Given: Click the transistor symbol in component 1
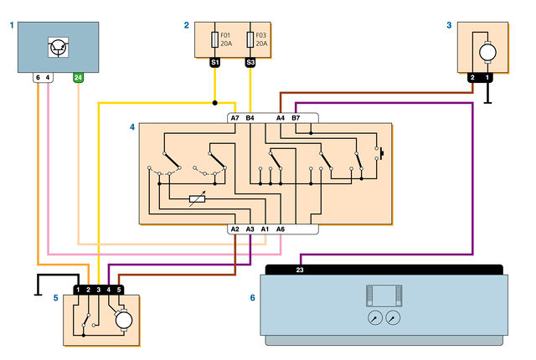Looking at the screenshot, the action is tap(58, 47).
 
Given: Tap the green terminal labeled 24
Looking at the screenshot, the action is tap(78, 78).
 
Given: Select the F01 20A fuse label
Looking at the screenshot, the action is tap(226, 39).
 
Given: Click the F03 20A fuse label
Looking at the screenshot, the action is tap(261, 39).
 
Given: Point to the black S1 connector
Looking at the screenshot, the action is tap(214, 62).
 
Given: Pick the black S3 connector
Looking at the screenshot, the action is tap(250, 62).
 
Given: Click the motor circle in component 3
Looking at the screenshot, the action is tap(487, 53).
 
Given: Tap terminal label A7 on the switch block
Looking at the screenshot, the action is tap(234, 118).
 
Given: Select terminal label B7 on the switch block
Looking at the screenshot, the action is tap(296, 118).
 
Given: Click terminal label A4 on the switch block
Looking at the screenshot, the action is tap(281, 118).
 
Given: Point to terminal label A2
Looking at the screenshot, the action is tap(234, 229).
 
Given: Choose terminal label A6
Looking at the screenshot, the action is tap(281, 229).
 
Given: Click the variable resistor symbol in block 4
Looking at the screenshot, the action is tap(198, 198).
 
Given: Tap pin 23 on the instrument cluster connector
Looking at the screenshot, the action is tap(300, 270).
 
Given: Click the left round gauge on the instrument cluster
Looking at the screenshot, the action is tap(375, 317).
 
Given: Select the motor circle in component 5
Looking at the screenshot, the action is tap(124, 321).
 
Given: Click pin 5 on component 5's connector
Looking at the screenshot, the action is tap(119, 290).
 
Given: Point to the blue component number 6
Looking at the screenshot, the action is tap(252, 298).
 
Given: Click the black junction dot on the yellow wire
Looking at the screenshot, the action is tap(214, 103).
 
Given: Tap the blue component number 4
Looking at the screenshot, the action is tap(132, 127).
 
